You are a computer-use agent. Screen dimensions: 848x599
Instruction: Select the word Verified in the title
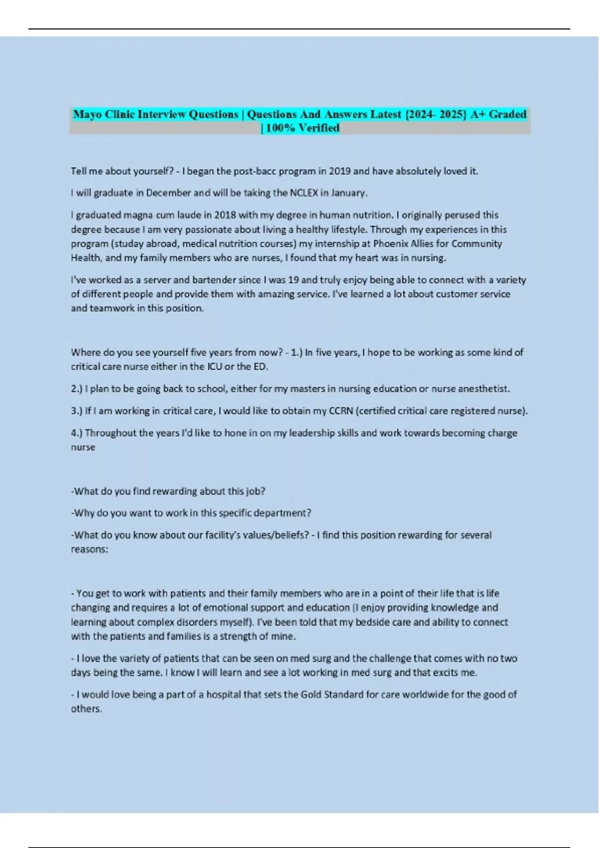click(x=319, y=128)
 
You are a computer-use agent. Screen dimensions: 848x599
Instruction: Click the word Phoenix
click(x=390, y=243)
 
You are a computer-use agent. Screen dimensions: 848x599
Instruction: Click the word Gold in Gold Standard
click(x=311, y=694)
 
